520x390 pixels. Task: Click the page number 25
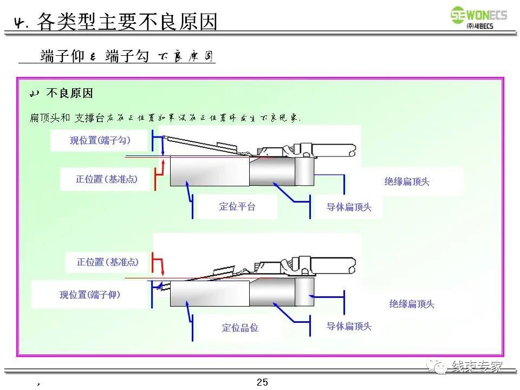[x=262, y=382]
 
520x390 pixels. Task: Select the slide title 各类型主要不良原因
[x=127, y=22]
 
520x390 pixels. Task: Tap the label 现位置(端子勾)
[x=100, y=140]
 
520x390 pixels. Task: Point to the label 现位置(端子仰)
[x=90, y=295]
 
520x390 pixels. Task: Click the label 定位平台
[x=237, y=206]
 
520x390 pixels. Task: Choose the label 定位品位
[x=240, y=328]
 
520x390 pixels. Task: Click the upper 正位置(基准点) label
[x=106, y=179]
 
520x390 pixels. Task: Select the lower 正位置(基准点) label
[x=108, y=262]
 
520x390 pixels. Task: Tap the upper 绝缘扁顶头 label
[x=407, y=181]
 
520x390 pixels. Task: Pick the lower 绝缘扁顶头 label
[x=412, y=304]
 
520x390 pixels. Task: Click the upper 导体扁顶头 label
[x=349, y=207]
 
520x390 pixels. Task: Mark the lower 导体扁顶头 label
[x=349, y=326]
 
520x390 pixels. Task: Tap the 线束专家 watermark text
[x=477, y=366]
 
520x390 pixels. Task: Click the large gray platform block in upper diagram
[x=209, y=171]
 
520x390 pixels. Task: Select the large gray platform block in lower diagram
[x=209, y=294]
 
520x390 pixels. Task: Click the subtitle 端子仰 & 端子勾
[x=95, y=56]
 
